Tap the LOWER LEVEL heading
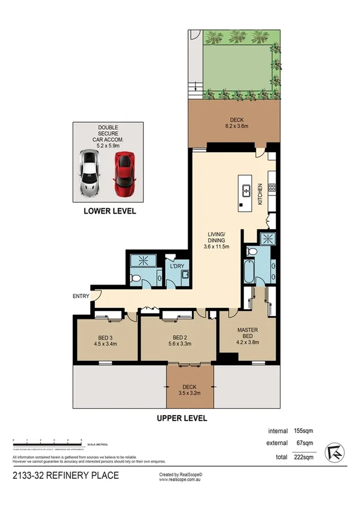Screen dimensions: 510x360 point(109,211)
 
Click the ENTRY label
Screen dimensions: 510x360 point(81,296)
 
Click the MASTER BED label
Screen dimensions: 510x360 point(248,334)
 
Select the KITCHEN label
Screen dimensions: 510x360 point(261,194)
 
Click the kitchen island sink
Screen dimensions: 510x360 point(246,192)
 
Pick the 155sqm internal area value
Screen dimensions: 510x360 point(302,431)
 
